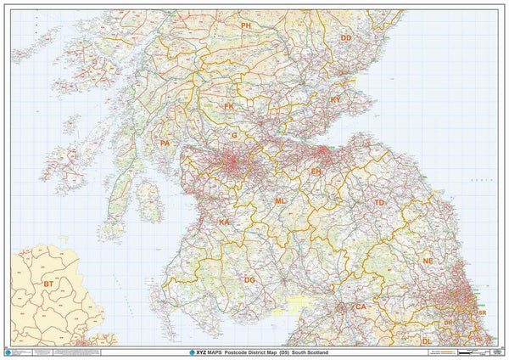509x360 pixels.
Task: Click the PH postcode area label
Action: coord(246,26)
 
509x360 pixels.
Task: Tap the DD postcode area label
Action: coord(345,38)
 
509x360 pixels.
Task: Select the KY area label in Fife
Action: coord(335,100)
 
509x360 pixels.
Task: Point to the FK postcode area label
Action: coord(229,106)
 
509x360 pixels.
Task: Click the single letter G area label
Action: coord(234,135)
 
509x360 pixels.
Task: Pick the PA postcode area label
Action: coord(165,143)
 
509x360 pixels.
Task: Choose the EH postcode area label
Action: coord(316,172)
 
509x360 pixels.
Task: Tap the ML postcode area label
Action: coord(280,201)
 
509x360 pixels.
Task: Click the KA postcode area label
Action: coord(224,222)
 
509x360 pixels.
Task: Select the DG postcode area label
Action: coord(249,279)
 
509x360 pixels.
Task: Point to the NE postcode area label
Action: coord(428,262)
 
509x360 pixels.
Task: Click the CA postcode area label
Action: coord(361,307)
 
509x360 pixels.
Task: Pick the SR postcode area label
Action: coord(482,313)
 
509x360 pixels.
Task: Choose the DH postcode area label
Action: coord(447,323)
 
